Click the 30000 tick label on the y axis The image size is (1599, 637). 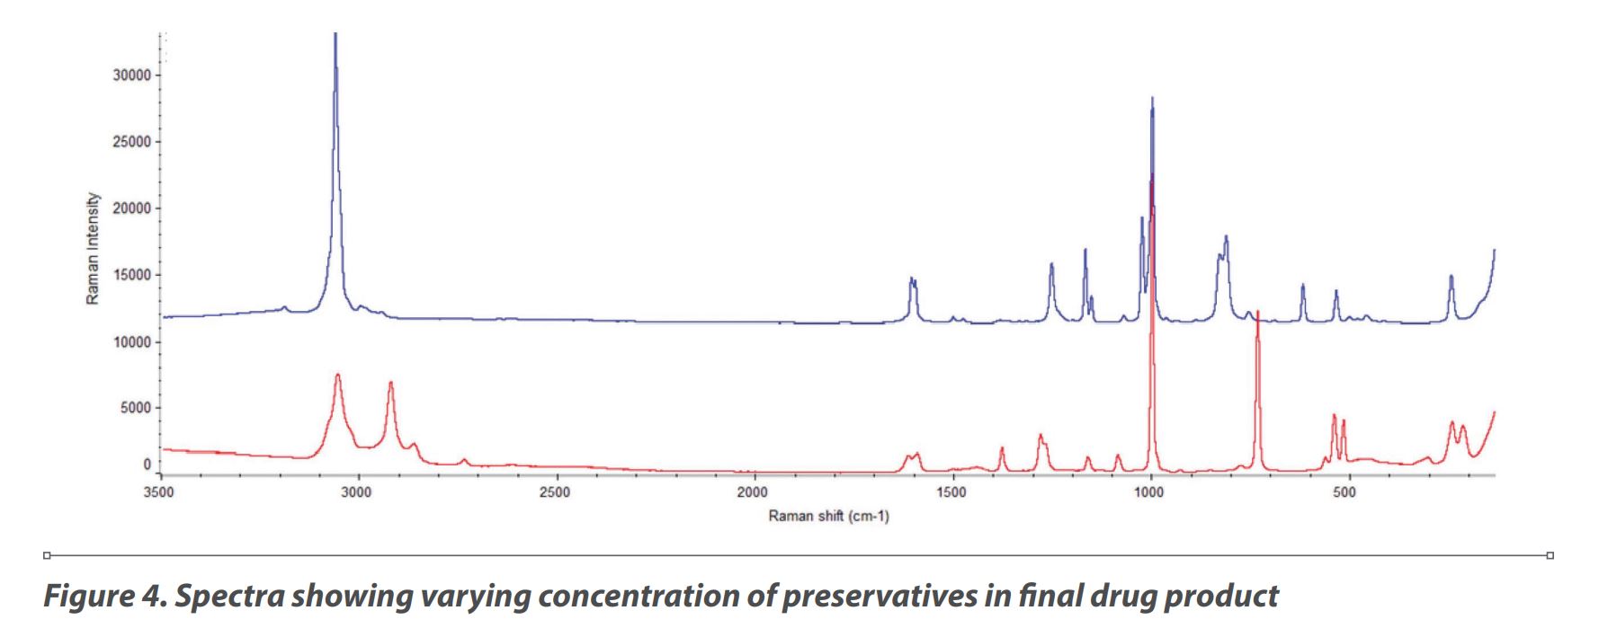(132, 75)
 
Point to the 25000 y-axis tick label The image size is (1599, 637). (132, 142)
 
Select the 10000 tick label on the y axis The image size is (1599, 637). (132, 342)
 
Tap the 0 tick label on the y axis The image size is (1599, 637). (147, 464)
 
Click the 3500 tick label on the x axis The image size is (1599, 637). (159, 492)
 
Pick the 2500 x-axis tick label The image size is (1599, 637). (555, 492)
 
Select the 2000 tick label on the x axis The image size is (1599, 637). (753, 492)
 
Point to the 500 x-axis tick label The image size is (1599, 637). (1344, 492)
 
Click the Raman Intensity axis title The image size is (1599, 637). (93, 249)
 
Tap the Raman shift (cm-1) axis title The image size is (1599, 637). (828, 517)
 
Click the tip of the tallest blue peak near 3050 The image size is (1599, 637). (335, 34)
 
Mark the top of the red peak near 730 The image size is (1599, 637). (1257, 312)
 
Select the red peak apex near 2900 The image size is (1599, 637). (390, 383)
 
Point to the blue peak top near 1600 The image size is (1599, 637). (911, 279)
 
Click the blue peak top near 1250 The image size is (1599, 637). (1051, 264)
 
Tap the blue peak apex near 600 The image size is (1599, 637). (1302, 285)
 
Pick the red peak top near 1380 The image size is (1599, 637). (1002, 447)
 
